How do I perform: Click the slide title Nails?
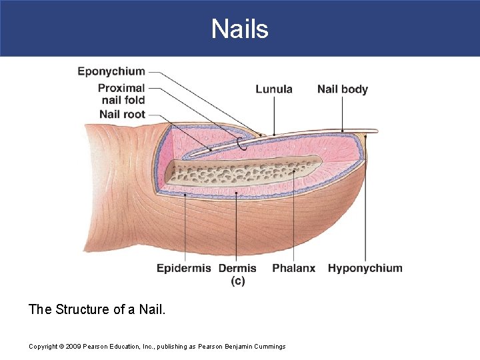pyautogui.click(x=240, y=29)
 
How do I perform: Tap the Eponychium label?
pyautogui.click(x=111, y=71)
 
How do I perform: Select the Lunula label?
pyautogui.click(x=274, y=89)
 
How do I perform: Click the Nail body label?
pyautogui.click(x=343, y=89)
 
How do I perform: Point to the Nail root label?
pyautogui.click(x=122, y=114)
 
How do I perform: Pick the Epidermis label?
pyautogui.click(x=183, y=268)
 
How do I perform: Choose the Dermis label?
pyautogui.click(x=237, y=268)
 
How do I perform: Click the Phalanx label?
pyautogui.click(x=293, y=268)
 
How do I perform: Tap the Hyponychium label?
pyautogui.click(x=365, y=268)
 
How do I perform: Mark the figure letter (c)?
pyautogui.click(x=238, y=281)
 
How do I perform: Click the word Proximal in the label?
pyautogui.click(x=121, y=88)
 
